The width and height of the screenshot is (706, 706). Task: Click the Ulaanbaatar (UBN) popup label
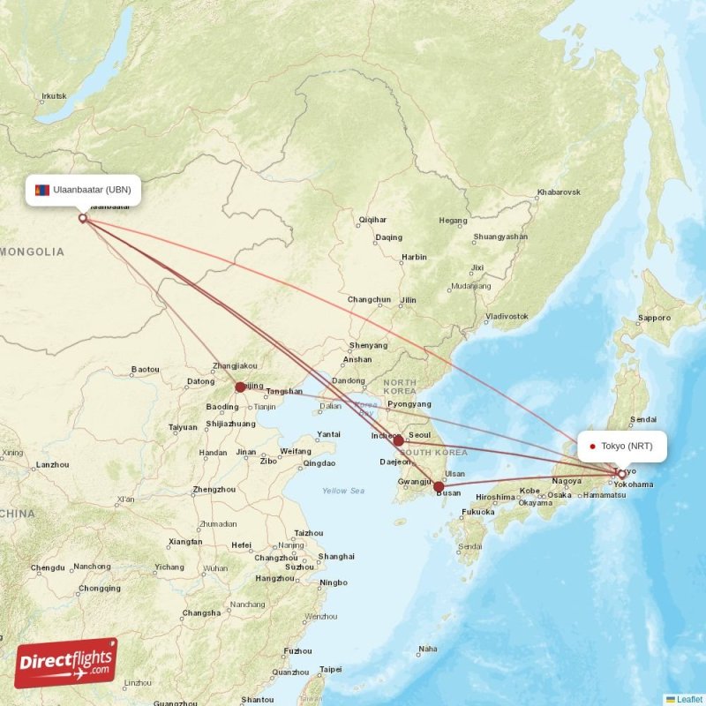pyautogui.click(x=84, y=190)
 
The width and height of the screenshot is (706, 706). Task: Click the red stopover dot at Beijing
pyautogui.click(x=240, y=387)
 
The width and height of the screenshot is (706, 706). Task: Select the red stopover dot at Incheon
pyautogui.click(x=398, y=440)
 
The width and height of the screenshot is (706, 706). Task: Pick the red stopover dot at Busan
pyautogui.click(x=439, y=486)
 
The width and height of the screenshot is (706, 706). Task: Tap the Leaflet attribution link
pyautogui.click(x=689, y=699)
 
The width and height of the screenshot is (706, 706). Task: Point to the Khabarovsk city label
pyautogui.click(x=558, y=192)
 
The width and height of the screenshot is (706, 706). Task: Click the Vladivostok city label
pyautogui.click(x=507, y=315)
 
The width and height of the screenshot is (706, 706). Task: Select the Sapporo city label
pyautogui.click(x=654, y=318)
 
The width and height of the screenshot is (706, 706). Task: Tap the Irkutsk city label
pyautogui.click(x=54, y=95)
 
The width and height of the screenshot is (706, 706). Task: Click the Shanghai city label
pyautogui.click(x=335, y=557)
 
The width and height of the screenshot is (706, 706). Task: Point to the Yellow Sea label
pyautogui.click(x=342, y=491)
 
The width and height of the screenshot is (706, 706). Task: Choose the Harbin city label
pyautogui.click(x=414, y=258)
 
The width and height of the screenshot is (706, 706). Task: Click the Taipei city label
pyautogui.click(x=330, y=669)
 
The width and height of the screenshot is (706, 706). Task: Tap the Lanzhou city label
pyautogui.click(x=52, y=464)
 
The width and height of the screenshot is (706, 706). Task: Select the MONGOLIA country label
pyautogui.click(x=33, y=252)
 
